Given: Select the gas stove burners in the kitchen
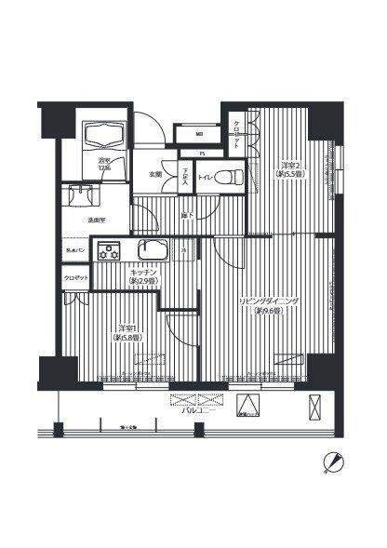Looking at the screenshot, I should [x=111, y=251].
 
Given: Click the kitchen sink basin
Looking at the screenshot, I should [x=151, y=251].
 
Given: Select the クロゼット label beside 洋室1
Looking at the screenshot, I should [x=76, y=278].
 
